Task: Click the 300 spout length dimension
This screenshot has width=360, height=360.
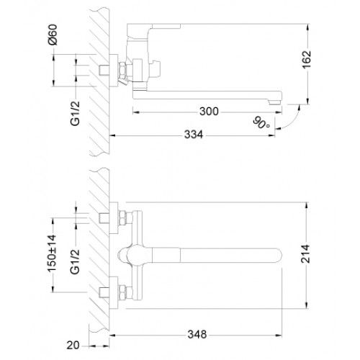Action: click(x=209, y=112)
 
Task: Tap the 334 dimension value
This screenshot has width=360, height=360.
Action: click(x=194, y=135)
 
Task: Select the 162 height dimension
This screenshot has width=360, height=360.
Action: click(x=307, y=60)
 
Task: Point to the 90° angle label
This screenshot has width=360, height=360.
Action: click(x=261, y=122)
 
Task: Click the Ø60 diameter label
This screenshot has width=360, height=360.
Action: click(x=53, y=35)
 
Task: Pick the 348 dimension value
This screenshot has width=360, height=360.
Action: click(x=197, y=334)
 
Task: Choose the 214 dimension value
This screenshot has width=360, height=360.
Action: click(x=306, y=254)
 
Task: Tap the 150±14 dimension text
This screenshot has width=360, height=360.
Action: click(x=52, y=253)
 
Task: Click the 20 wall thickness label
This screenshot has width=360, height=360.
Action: click(x=73, y=346)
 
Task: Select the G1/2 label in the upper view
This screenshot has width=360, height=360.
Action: click(x=75, y=114)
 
